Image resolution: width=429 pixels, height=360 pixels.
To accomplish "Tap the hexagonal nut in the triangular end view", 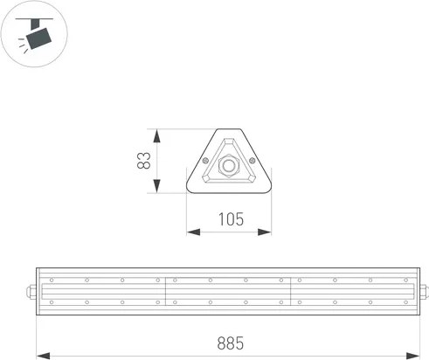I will [x=230, y=163].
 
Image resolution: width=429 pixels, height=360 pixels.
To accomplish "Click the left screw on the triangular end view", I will [x=206, y=160].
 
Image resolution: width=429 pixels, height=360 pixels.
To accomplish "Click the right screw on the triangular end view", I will [x=253, y=160].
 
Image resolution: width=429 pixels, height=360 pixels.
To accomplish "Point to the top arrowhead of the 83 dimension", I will [x=158, y=133].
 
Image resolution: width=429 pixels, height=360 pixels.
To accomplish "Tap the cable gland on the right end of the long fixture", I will [x=424, y=291].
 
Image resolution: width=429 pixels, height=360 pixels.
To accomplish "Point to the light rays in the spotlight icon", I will [x=22, y=51].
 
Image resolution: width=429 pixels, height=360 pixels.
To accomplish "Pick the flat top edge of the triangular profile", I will [x=229, y=130].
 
